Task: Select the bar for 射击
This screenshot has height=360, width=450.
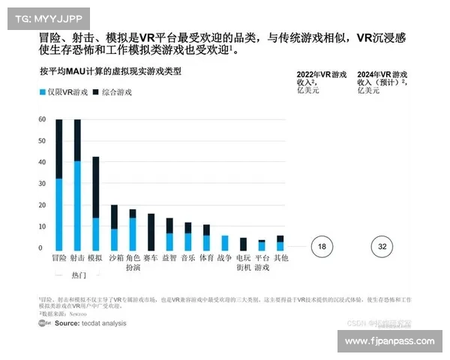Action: (x=77, y=184)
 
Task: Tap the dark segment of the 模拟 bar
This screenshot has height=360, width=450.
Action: (x=95, y=187)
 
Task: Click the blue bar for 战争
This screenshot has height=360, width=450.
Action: (x=224, y=243)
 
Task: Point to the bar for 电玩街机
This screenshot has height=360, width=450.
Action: (x=243, y=244)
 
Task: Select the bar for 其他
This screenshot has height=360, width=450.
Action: (x=280, y=243)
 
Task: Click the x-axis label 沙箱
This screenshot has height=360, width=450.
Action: (x=114, y=257)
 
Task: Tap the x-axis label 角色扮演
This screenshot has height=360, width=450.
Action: (x=133, y=262)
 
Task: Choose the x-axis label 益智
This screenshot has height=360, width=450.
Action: (x=169, y=257)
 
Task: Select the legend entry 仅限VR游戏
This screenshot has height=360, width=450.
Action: (x=61, y=92)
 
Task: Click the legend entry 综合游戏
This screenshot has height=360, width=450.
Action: (x=112, y=92)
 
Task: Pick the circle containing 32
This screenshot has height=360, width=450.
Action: (x=382, y=245)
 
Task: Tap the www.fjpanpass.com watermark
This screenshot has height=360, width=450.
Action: (x=389, y=341)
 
